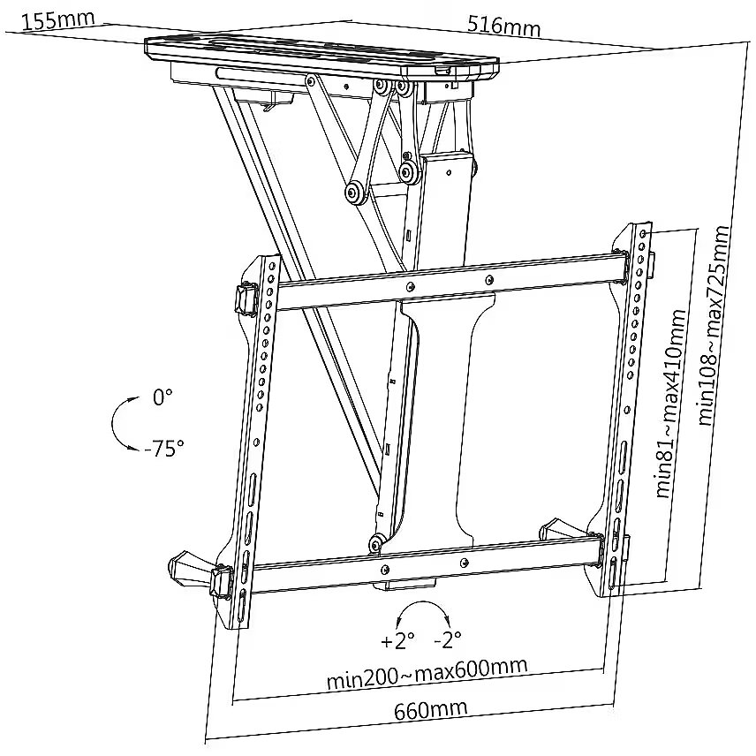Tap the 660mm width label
coord(431,708)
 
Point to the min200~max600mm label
coord(427,673)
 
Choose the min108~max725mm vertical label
coord(714,325)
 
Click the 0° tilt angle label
coord(163,397)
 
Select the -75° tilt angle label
coord(163,449)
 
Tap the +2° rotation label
coord(397,639)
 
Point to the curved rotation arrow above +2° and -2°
coord(421,611)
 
